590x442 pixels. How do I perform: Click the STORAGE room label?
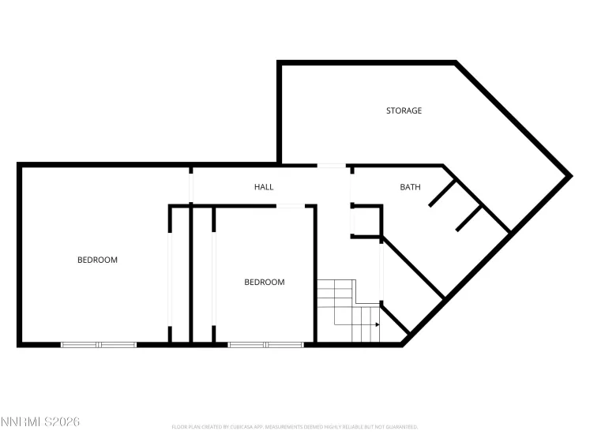(x=404, y=110)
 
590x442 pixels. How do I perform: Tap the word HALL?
(x=264, y=187)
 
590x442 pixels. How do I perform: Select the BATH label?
(x=410, y=187)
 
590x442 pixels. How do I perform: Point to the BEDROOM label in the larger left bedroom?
(x=97, y=260)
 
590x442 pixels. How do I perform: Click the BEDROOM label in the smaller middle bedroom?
(x=264, y=282)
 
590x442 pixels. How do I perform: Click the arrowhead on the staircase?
(x=378, y=324)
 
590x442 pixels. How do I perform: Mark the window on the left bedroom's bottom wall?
(x=99, y=344)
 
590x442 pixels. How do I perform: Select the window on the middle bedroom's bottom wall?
(x=265, y=344)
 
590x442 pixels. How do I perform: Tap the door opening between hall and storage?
(x=332, y=166)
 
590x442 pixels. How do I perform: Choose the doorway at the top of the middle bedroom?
(x=289, y=206)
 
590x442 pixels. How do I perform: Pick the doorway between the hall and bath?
(x=351, y=185)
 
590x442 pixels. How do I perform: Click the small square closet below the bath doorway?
(x=366, y=221)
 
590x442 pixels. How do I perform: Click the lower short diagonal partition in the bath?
(x=469, y=218)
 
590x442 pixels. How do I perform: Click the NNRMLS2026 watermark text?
(x=40, y=423)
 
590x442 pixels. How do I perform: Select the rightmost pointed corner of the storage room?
(x=568, y=175)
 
